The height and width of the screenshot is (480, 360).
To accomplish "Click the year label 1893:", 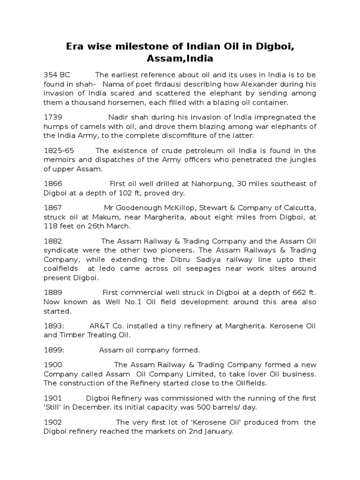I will point(54,325).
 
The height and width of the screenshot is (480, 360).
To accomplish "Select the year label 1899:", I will point(54,350).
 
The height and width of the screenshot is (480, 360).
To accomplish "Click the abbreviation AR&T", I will point(100,325).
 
